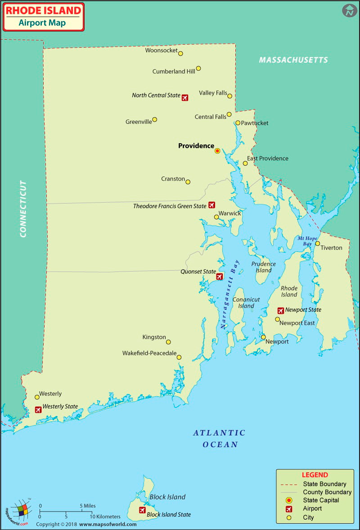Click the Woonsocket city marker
[180, 54]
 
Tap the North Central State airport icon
[185, 97]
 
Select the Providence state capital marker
[217, 151]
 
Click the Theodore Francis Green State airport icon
[211, 205]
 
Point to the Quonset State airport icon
[220, 276]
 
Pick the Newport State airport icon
[281, 310]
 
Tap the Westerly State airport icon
[38, 410]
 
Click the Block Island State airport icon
[142, 510]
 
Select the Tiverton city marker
[317, 244]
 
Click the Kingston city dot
[168, 342]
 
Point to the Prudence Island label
[263, 267]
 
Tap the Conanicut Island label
[246, 303]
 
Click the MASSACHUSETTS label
[293, 60]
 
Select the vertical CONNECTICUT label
[23, 208]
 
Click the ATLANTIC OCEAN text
[220, 439]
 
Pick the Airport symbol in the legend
[289, 509]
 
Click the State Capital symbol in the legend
[289, 500]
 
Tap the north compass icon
[349, 10]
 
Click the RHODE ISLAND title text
[44, 10]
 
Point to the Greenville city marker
[154, 120]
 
